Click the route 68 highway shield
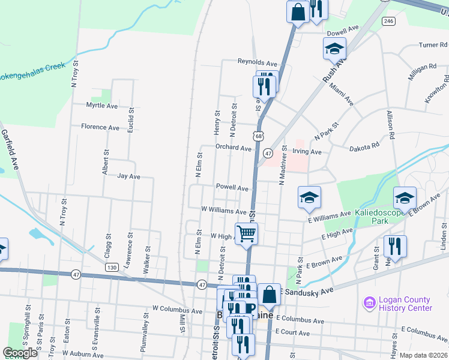258,137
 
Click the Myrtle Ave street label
102,106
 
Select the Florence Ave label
100,127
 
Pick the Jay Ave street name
128,176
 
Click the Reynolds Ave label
258,62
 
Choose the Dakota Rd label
365,146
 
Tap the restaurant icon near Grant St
395,245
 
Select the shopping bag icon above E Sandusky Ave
269,294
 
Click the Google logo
20,353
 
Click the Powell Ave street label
232,188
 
